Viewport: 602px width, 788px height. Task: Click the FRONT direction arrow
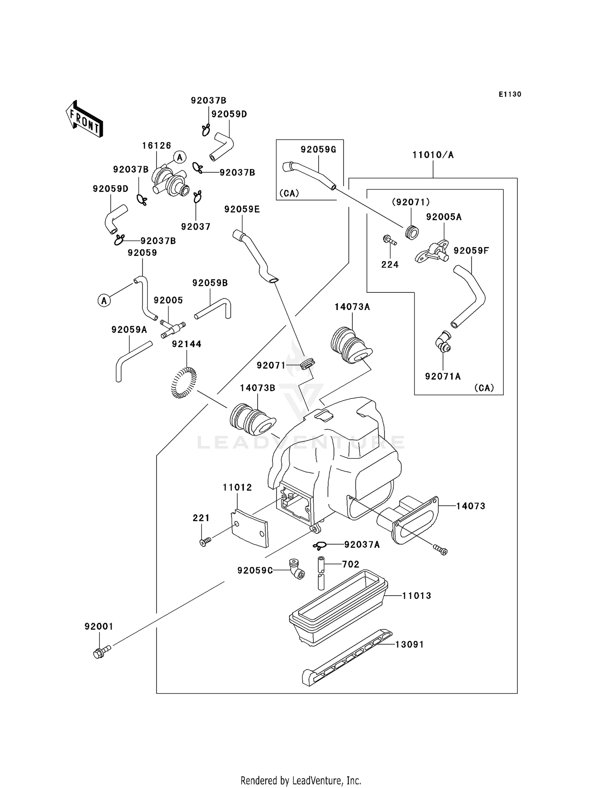pyautogui.click(x=85, y=119)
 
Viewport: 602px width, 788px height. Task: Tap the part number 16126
pyautogui.click(x=157, y=145)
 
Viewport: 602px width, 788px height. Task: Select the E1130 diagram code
pyautogui.click(x=510, y=94)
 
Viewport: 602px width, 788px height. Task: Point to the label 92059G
pyautogui.click(x=318, y=150)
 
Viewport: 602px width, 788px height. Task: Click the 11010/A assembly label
pyautogui.click(x=433, y=155)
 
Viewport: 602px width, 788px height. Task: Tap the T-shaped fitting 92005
pyautogui.click(x=173, y=328)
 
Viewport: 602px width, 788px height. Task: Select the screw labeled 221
pyautogui.click(x=205, y=543)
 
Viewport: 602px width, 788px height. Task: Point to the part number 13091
pyautogui.click(x=409, y=645)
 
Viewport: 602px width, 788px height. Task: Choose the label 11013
pyautogui.click(x=417, y=596)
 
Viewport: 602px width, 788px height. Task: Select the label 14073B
pyautogui.click(x=258, y=388)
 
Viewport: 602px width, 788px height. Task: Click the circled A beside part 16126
pyautogui.click(x=180, y=157)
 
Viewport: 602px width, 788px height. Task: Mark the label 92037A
pyautogui.click(x=362, y=545)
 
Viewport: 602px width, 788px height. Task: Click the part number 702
pyautogui.click(x=350, y=564)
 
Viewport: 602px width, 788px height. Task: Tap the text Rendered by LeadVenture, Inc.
pyautogui.click(x=301, y=780)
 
